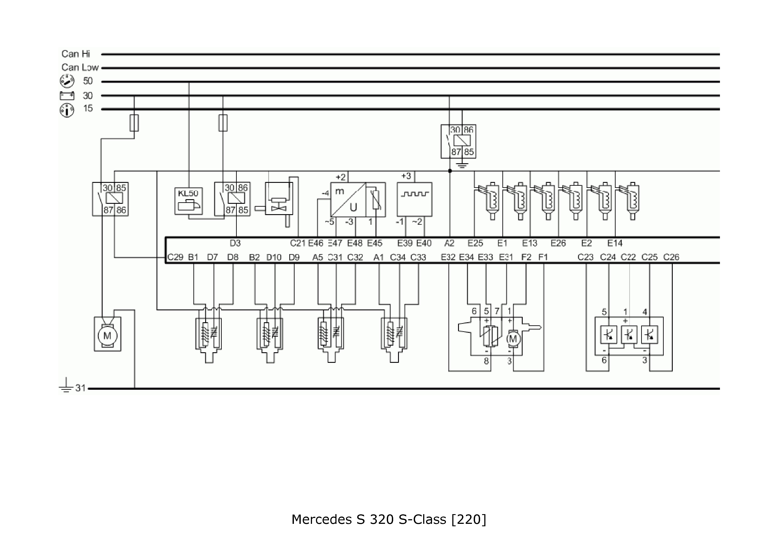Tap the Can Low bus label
tap(80, 68)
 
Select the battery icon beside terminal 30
tap(67, 96)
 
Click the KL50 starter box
tap(188, 201)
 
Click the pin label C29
tap(175, 257)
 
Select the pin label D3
tap(235, 243)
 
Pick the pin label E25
tap(475, 243)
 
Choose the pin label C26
tap(671, 257)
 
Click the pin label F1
tap(543, 257)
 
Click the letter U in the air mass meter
tap(353, 207)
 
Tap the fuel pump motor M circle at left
tap(107, 336)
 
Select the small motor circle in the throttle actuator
tap(513, 339)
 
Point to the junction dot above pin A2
tap(450, 171)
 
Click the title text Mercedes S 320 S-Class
tap(388, 519)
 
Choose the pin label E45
tap(374, 243)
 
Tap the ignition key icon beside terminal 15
tap(67, 110)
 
